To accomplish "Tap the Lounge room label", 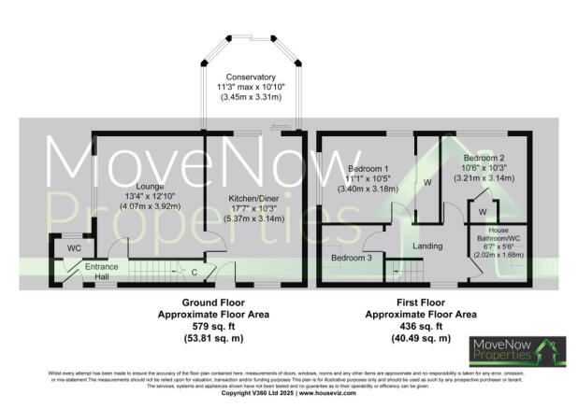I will click(x=150, y=187).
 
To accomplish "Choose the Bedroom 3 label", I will click(x=352, y=258).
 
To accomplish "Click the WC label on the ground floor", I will click(x=74, y=248).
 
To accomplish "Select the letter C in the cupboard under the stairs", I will click(x=194, y=272).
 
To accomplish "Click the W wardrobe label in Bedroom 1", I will click(x=426, y=183).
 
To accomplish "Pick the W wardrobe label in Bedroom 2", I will click(x=482, y=213).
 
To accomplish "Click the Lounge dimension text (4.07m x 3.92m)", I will click(x=150, y=206).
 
